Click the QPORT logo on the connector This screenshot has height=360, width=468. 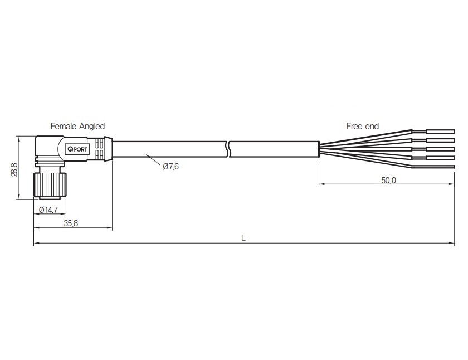pyautogui.click(x=77, y=149)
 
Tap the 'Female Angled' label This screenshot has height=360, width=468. pyautogui.click(x=77, y=127)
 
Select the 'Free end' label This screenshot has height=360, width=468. pyautogui.click(x=362, y=127)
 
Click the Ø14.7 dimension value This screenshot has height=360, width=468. pyautogui.click(x=48, y=210)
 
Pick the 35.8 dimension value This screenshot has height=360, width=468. pyautogui.click(x=71, y=223)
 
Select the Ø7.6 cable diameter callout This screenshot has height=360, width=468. pyautogui.click(x=171, y=166)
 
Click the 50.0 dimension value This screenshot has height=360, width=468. pyautogui.click(x=389, y=181)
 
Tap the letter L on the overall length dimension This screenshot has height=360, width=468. pyautogui.click(x=243, y=238)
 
